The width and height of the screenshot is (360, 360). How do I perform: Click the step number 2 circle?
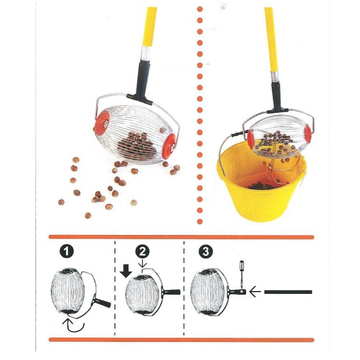tap(142, 252)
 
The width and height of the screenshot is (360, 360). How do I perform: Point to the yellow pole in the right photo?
tap(270, 35)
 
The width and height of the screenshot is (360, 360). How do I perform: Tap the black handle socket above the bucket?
tap(275, 96)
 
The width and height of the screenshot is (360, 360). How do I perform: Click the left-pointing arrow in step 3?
tap(252, 291)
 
